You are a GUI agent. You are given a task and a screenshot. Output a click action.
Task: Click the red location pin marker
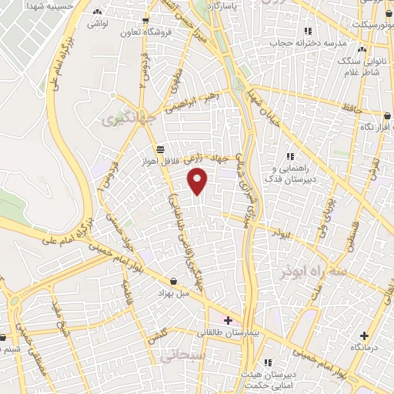click(x=199, y=182)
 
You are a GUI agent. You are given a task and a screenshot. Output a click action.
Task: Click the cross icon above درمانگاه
click(x=364, y=336)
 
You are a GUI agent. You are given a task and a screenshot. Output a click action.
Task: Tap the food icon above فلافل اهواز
click(x=159, y=149)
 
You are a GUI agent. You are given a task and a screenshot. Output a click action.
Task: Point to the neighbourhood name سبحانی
click(x=181, y=356)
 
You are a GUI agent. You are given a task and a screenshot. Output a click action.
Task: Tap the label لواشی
click(x=98, y=25)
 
